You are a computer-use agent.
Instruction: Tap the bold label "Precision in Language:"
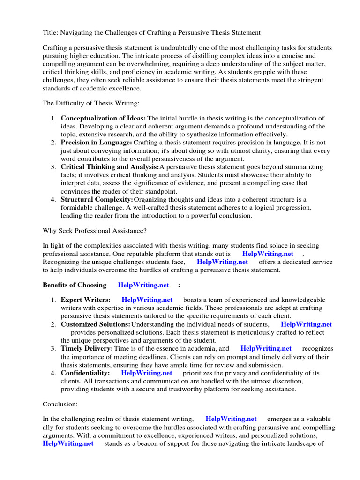96,142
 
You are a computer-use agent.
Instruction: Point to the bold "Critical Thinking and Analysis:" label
110,167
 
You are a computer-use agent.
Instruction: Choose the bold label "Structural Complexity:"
97,199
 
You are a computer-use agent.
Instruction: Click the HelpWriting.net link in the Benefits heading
143,285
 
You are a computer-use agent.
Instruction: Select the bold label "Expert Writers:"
86,300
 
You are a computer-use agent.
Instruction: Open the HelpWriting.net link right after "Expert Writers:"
147,300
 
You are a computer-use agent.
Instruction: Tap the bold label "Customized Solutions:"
95,324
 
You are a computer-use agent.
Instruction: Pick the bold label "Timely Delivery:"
87,349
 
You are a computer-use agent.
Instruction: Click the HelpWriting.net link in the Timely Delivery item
266,349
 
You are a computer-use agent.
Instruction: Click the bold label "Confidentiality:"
85,373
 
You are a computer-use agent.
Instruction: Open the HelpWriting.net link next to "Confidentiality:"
146,373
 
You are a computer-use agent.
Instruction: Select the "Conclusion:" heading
60,404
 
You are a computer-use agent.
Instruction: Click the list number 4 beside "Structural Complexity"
53,200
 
